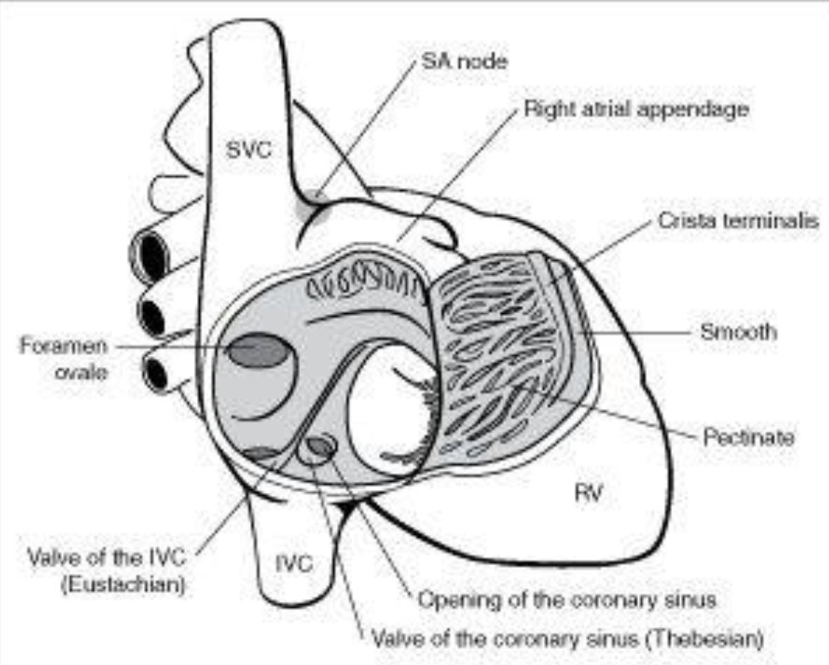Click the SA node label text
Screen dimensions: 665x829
point(463,63)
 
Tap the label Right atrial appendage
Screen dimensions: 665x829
point(636,109)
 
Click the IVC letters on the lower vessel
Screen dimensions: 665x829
point(294,564)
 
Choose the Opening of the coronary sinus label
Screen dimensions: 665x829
point(567,600)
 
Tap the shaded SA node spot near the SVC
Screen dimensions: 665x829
point(314,204)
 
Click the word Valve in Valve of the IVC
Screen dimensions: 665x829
point(53,556)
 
